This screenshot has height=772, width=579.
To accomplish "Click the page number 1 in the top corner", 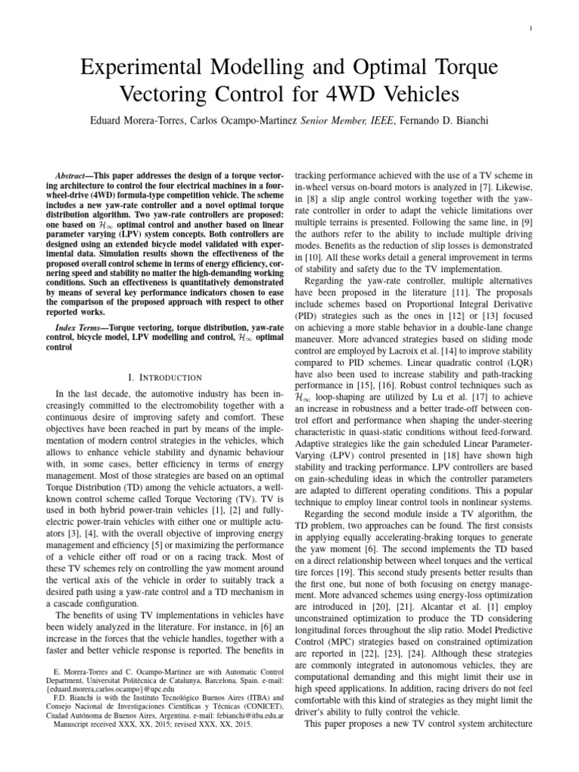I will [x=553, y=29].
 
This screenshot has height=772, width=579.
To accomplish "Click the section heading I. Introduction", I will [x=166, y=376].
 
